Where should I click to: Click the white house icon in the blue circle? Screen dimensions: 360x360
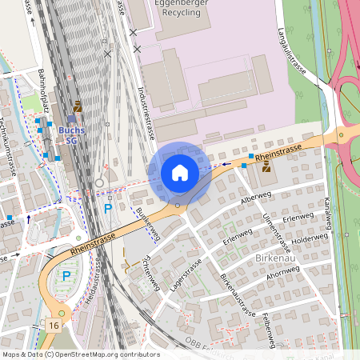coord(179,172)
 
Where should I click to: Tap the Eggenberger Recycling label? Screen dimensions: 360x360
coord(186,9)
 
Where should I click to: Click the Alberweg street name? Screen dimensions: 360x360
coord(255,197)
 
